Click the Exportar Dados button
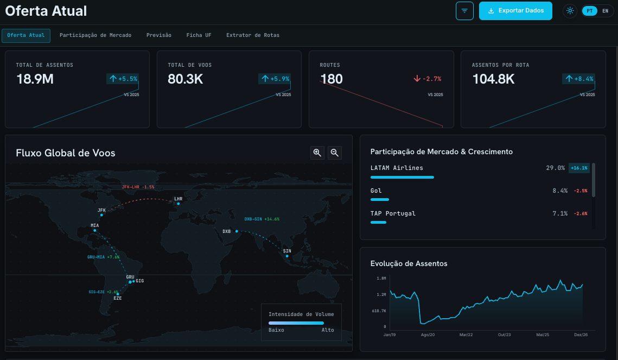point(515,11)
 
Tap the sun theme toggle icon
point(570,11)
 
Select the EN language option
point(606,11)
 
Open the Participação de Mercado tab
point(95,35)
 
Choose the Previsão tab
point(159,35)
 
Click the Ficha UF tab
point(199,35)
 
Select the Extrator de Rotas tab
point(253,35)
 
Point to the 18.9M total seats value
point(35,79)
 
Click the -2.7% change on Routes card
point(427,79)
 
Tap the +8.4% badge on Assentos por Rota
point(578,79)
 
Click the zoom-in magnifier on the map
point(317,153)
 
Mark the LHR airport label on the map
point(178,199)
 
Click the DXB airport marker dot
point(237,231)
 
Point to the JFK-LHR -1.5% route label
point(138,187)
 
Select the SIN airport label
point(287,251)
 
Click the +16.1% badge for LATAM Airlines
point(579,168)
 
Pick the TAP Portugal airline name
point(393,213)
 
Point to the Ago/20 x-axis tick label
point(428,335)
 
